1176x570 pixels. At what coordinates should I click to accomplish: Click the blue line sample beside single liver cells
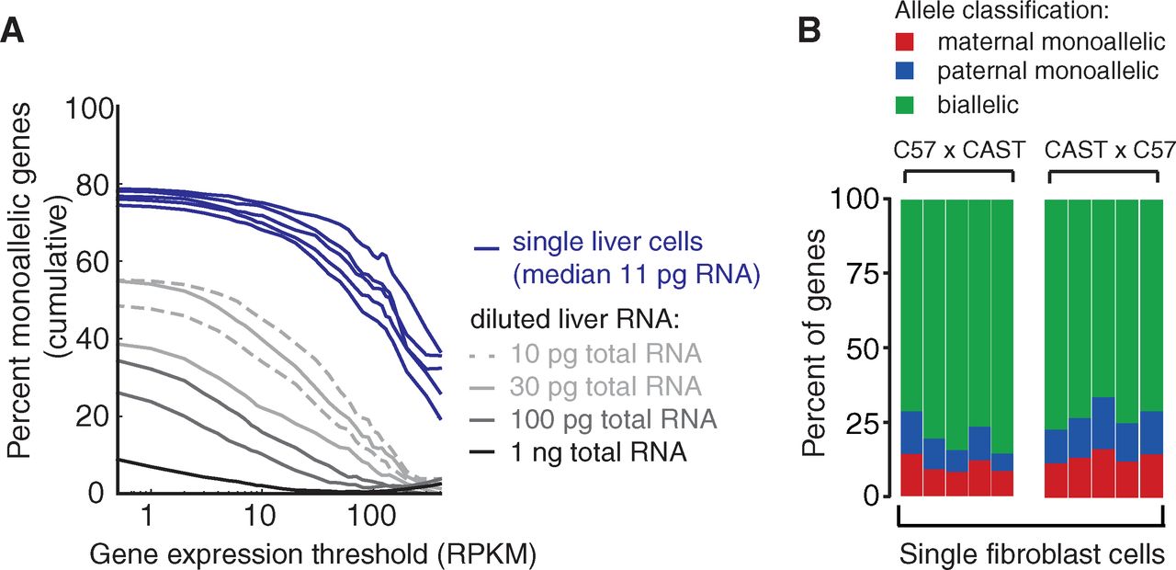[486, 247]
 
